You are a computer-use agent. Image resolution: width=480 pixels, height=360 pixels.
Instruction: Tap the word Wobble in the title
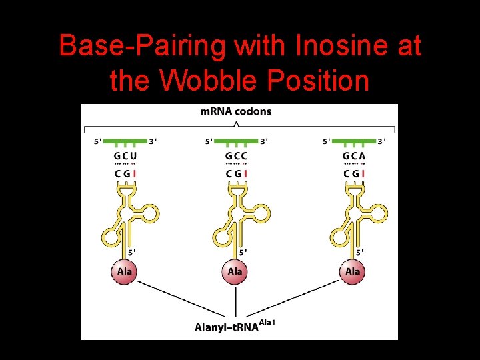[x=211, y=81]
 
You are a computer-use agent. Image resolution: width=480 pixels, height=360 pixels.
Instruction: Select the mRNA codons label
[x=236, y=111]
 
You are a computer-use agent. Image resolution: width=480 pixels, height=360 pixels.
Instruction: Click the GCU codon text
[x=125, y=156]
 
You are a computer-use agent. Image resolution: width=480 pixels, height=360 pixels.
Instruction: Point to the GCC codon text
[x=236, y=156]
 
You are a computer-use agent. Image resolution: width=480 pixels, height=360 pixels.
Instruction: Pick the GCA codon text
[x=354, y=156]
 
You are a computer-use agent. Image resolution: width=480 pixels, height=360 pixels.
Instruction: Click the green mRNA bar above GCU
[x=125, y=141]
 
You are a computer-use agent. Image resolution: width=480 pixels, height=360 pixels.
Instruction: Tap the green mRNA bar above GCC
[x=236, y=141]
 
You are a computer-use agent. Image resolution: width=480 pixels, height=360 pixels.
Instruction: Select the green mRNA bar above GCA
[x=354, y=141]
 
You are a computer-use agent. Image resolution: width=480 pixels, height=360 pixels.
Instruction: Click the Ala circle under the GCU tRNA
[x=125, y=271]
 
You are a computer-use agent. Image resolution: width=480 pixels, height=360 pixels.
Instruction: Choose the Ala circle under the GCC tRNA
[x=235, y=271]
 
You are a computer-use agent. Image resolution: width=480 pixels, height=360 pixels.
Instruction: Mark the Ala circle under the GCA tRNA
[x=353, y=271]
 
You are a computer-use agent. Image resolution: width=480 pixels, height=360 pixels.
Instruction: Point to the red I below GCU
[x=135, y=174]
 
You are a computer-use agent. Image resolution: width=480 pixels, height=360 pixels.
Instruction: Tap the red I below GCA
[x=363, y=174]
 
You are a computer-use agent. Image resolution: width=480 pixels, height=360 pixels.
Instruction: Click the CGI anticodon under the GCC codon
[x=236, y=174]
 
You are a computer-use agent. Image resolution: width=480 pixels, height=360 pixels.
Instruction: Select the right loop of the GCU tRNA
[x=149, y=213]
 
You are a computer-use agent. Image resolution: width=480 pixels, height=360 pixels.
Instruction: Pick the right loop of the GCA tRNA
[x=378, y=213]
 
